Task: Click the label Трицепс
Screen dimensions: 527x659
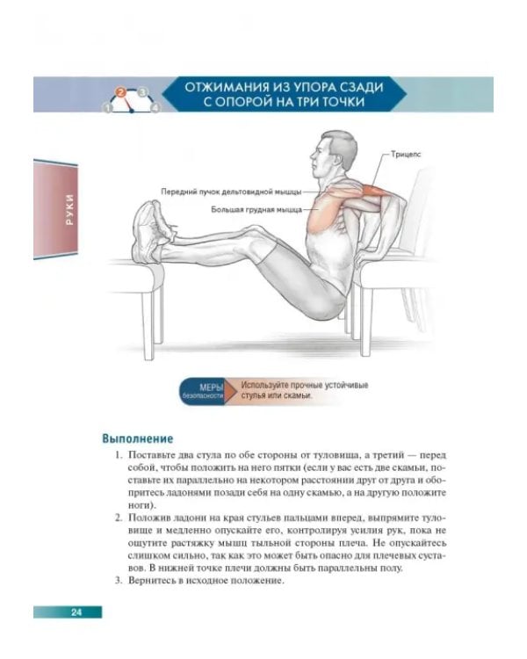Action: click(x=406, y=155)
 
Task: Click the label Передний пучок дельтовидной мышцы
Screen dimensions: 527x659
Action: click(x=231, y=192)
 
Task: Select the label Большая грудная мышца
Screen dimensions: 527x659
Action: click(x=256, y=209)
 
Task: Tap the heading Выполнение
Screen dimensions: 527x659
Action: click(x=137, y=438)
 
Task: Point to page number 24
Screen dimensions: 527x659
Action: click(x=76, y=612)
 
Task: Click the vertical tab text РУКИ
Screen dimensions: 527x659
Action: click(x=69, y=209)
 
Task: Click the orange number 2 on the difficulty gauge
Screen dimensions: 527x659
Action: click(x=121, y=92)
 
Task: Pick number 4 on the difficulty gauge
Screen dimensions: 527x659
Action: click(x=155, y=108)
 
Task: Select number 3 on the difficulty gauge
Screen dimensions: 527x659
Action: click(x=143, y=92)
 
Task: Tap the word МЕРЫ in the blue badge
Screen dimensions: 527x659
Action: click(x=211, y=387)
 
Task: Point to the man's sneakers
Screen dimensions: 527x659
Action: click(x=152, y=229)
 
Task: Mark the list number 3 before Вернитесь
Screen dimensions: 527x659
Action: click(x=118, y=581)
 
